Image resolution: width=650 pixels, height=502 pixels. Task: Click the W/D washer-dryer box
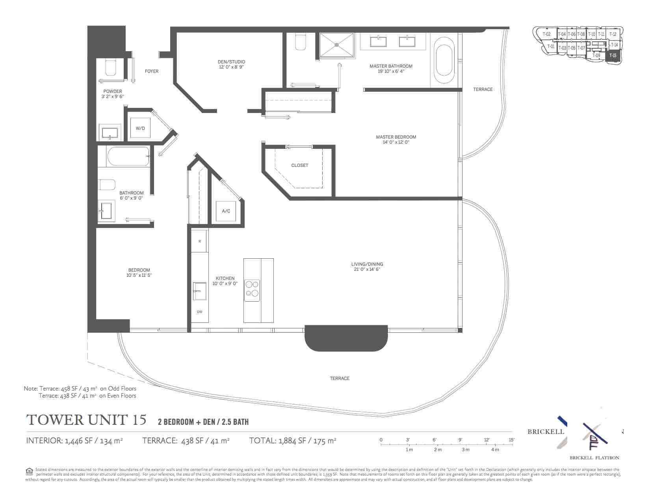coord(140,128)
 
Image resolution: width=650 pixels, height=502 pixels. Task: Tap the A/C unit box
coord(226,211)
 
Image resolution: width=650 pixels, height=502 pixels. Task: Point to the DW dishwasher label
coord(200,312)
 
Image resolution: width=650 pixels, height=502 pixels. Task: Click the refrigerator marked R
coord(200,241)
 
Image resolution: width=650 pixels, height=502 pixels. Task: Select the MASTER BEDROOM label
coord(396,137)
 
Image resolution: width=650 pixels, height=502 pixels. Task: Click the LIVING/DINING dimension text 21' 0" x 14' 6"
coord(367,269)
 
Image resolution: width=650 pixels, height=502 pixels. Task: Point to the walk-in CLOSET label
coord(300,165)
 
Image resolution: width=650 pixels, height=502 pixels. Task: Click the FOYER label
coord(152,71)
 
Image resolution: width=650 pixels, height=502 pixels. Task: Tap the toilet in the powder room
coord(111,67)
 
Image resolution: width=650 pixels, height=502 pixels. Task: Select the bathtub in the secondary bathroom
coord(128,157)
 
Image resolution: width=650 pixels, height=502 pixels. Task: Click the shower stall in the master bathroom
coord(337,45)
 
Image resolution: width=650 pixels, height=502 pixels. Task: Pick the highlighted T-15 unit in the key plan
coord(613,56)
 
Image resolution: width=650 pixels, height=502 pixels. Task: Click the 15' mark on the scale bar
coord(511,440)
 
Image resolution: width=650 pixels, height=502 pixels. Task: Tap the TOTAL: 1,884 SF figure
coord(292,441)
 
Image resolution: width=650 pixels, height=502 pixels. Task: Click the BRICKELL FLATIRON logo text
coord(594,458)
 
